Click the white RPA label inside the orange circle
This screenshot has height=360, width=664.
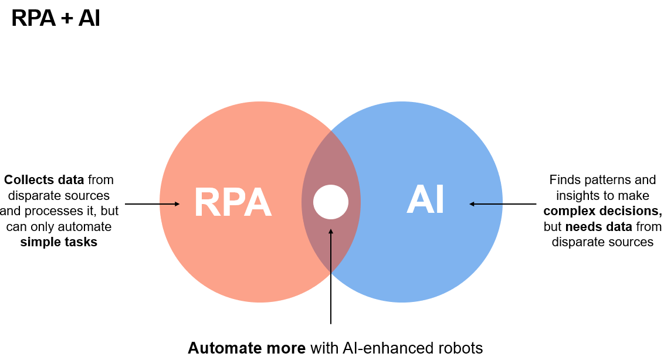(233, 203)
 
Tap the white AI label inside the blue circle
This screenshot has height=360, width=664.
(425, 200)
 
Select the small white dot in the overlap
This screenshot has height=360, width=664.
(331, 202)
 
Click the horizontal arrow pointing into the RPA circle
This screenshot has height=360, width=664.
(153, 204)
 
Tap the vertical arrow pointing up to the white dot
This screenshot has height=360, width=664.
(331, 276)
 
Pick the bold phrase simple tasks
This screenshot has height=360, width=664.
(59, 242)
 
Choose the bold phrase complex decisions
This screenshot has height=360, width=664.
(602, 211)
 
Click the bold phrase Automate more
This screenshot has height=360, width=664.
(246, 348)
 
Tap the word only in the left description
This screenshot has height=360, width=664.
(49, 226)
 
